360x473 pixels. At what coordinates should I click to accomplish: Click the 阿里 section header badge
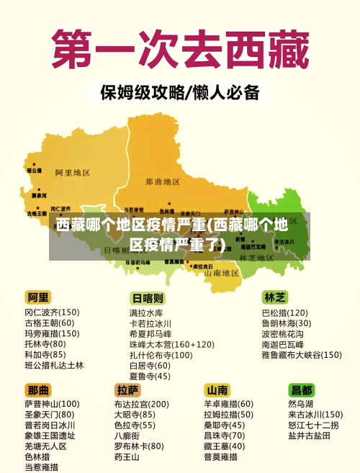(39, 297)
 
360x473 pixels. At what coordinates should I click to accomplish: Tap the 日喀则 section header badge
(147, 298)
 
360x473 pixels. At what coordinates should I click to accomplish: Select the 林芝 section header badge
(275, 297)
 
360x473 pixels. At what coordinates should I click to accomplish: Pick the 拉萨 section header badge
(127, 389)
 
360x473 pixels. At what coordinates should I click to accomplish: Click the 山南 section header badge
(217, 389)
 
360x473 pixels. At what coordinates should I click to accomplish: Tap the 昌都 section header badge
(302, 389)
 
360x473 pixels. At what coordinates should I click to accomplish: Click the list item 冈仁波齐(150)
(52, 312)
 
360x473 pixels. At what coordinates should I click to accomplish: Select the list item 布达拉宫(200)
(141, 404)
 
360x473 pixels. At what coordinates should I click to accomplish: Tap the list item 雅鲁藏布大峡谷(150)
(301, 354)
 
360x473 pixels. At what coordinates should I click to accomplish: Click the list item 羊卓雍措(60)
(228, 404)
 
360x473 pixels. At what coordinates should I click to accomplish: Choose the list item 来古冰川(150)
(315, 415)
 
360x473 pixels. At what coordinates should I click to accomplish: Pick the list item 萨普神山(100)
(52, 404)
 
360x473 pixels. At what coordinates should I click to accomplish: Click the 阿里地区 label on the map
(72, 173)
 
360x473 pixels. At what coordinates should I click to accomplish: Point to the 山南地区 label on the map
(222, 273)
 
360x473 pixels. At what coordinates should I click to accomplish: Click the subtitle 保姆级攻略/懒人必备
(179, 93)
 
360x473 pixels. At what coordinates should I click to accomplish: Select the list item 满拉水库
(146, 313)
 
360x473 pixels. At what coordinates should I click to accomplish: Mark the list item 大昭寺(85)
(134, 415)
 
